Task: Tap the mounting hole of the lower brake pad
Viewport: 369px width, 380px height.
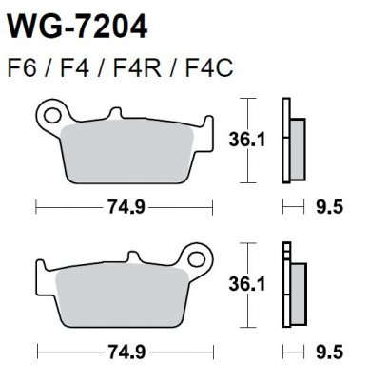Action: [x=199, y=256]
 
